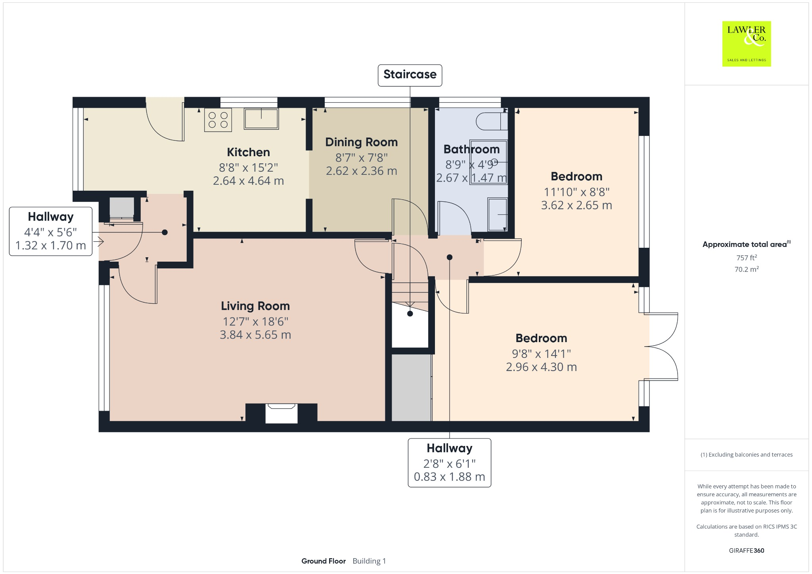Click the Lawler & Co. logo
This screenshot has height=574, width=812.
coord(746,44)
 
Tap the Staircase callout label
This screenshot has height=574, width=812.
coord(410,75)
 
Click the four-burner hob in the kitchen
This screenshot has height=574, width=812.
coord(218,120)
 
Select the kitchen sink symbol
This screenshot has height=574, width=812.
coord(261,119)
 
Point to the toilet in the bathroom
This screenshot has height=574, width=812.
coord(492,121)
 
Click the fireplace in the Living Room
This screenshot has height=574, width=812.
coord(282,413)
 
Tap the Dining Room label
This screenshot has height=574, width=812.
coord(361,142)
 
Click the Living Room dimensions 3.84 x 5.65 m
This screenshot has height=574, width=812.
coord(255,335)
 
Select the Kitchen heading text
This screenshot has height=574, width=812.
coord(248,152)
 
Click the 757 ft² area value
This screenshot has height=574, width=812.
coord(746,258)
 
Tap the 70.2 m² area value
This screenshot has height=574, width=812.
coord(746,270)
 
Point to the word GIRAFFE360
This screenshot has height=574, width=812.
coord(746,551)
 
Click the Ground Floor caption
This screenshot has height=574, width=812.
coord(324,561)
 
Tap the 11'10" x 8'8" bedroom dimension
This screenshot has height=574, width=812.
coord(576,192)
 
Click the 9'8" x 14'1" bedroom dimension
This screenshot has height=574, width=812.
coord(541,354)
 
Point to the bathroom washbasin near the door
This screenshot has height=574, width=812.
coord(498,214)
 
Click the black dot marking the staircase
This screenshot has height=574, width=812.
coord(410,314)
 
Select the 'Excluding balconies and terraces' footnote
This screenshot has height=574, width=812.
coord(746,455)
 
